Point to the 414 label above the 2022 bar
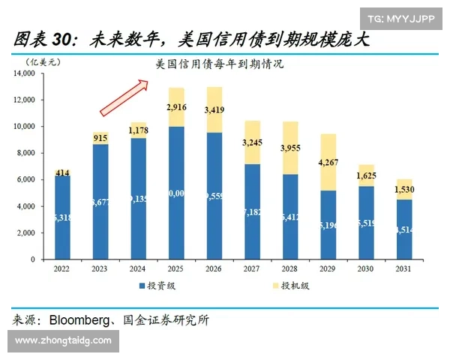pos(61,173)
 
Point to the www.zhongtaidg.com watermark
pos(63,341)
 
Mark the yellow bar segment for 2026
pos(214,109)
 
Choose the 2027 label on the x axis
pos(253,268)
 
